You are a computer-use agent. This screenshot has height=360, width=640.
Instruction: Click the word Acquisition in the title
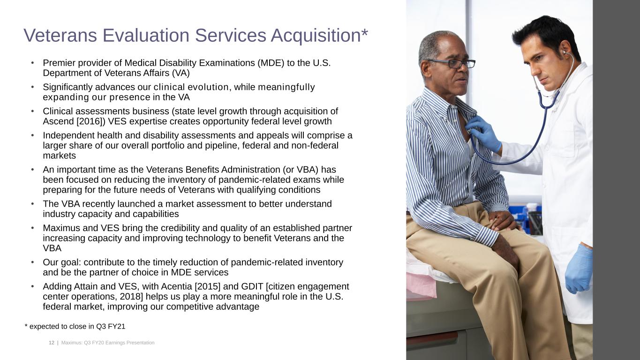coord(316,36)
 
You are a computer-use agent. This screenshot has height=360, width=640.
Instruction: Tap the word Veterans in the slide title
coord(60,36)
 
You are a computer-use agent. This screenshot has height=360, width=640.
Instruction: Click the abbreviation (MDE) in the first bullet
coord(271,63)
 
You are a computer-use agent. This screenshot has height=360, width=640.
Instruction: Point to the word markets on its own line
coord(60,156)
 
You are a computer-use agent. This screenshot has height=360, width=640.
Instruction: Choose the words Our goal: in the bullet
coord(62,262)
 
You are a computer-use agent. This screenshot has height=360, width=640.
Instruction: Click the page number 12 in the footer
coord(52,343)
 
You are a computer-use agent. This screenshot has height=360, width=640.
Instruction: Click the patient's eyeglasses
coord(452,63)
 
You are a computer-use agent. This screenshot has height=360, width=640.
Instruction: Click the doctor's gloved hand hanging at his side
coord(579,269)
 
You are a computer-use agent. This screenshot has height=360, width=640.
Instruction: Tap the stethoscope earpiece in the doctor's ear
coord(564,52)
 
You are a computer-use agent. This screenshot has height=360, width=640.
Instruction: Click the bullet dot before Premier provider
coord(32,62)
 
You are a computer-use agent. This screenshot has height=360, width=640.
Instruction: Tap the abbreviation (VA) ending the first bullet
coord(181,73)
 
